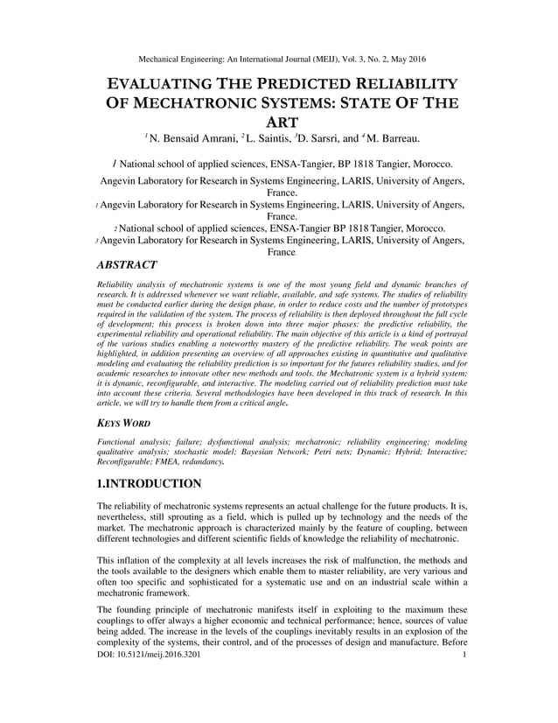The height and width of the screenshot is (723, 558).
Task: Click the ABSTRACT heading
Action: [x=125, y=264]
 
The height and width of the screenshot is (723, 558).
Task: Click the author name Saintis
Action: [x=261, y=138]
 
